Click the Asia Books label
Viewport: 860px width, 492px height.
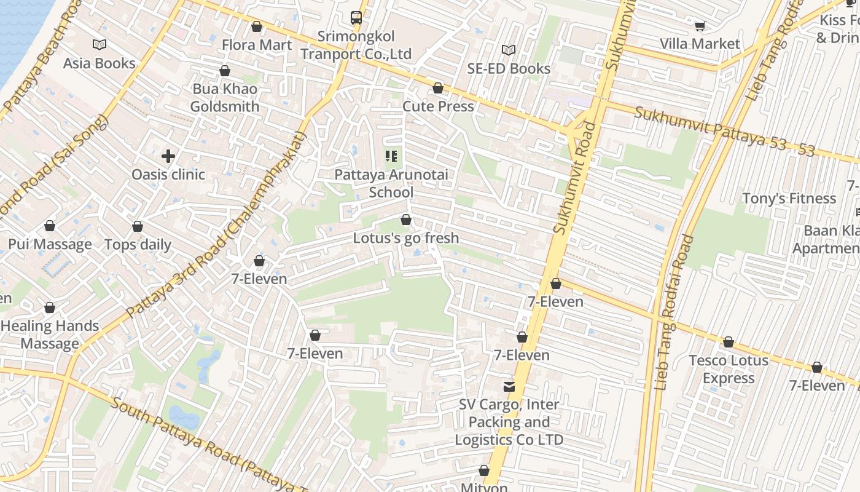[x=100, y=63]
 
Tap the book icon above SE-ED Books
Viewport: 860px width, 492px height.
[x=508, y=50]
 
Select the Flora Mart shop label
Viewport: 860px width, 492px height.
[x=257, y=44]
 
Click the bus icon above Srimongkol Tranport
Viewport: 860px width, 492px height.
[x=356, y=18]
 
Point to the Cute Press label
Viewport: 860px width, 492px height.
[x=438, y=106]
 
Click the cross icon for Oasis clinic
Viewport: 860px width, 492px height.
[x=168, y=156]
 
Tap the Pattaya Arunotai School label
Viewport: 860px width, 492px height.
[x=391, y=183]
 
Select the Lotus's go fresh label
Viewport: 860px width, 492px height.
[x=405, y=237]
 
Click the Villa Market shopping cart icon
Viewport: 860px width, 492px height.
[x=700, y=25]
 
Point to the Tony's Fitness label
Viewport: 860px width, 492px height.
[x=789, y=198]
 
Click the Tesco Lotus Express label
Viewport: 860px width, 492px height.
[x=729, y=369]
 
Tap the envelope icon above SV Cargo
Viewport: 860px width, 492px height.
[x=509, y=387]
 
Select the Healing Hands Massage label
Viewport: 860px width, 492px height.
[x=50, y=335]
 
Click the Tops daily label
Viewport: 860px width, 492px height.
[x=138, y=244]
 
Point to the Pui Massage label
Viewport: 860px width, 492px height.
[x=50, y=244]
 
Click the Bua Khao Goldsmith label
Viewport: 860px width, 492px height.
[x=225, y=97]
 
